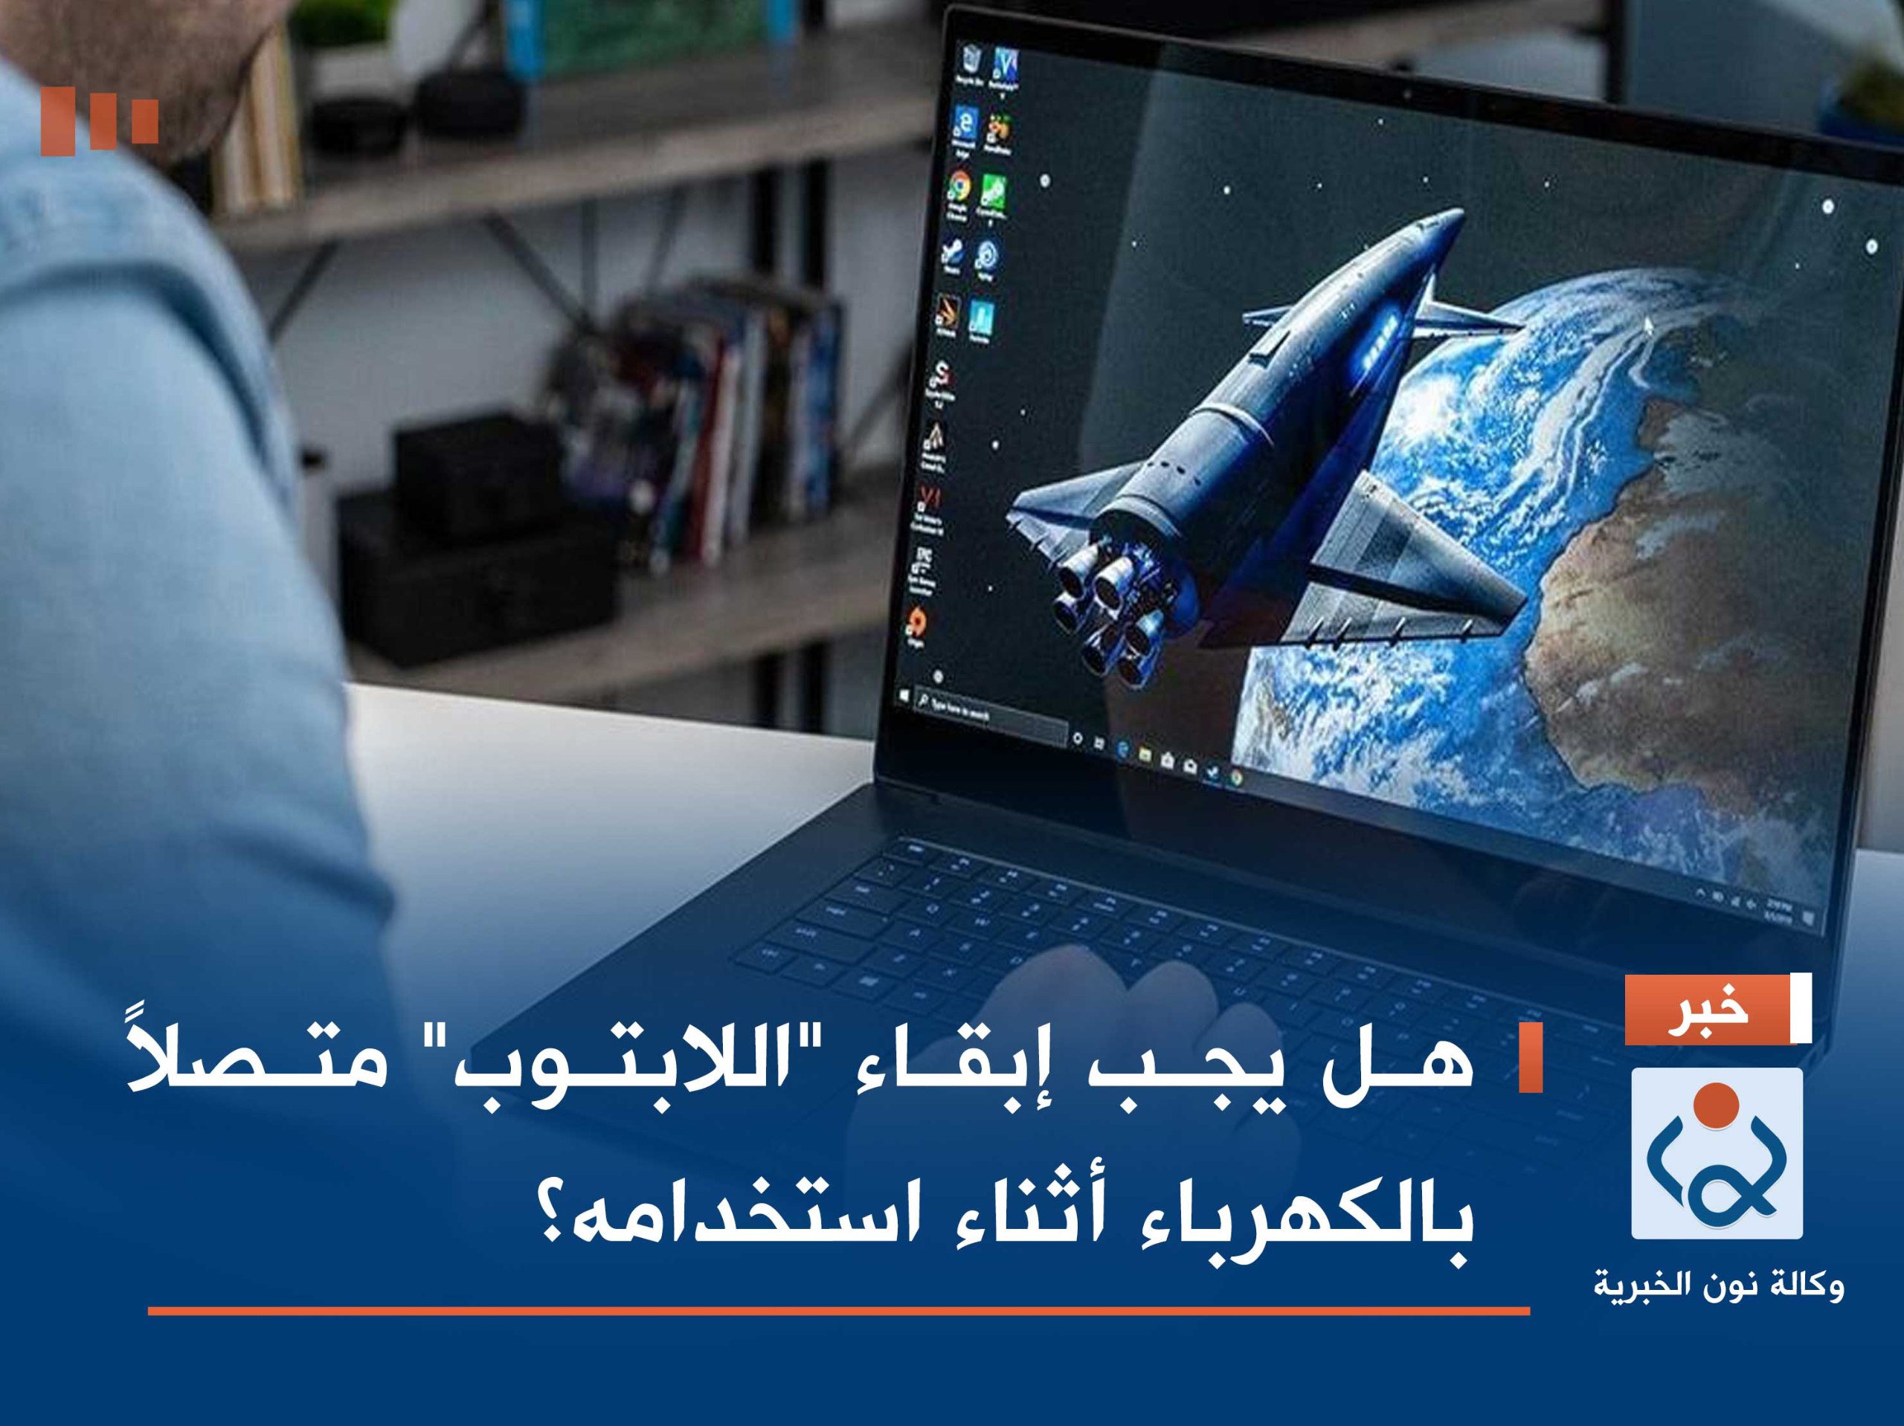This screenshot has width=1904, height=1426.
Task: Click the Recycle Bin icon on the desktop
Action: [972, 59]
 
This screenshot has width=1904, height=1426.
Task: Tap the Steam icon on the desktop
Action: [952, 251]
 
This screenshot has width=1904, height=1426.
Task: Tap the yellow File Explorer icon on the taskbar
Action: [1145, 754]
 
